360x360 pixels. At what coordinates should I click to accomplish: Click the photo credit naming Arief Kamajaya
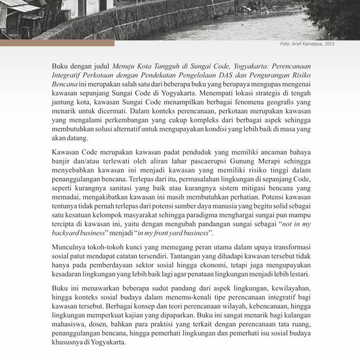[307, 44]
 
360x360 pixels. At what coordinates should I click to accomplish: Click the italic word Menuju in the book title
[124, 67]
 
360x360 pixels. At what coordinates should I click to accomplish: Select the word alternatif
[143, 131]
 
